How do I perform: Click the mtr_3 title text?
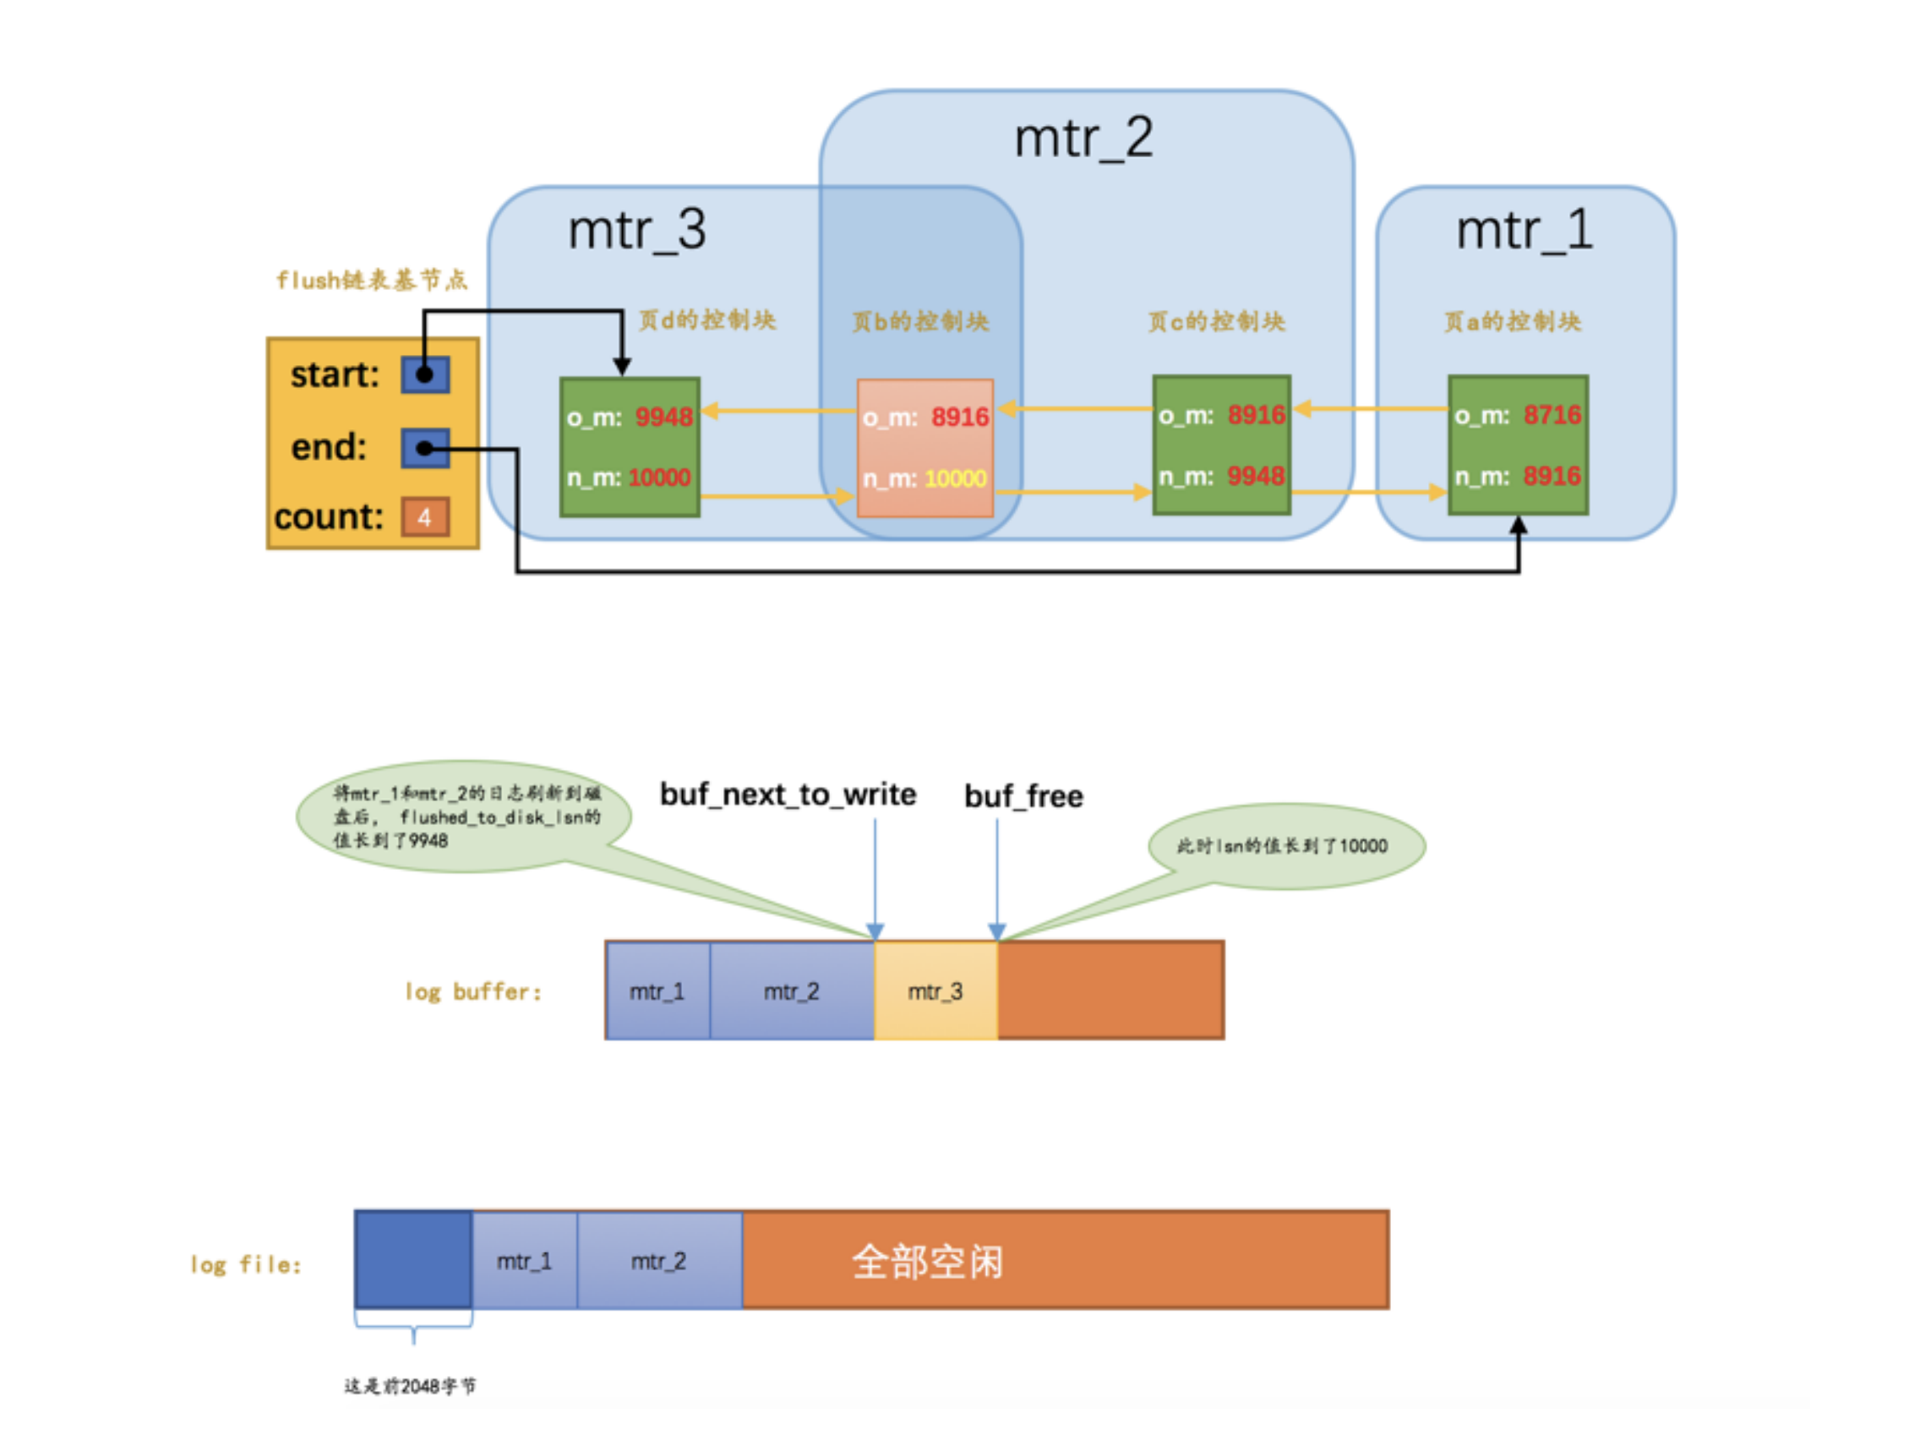(636, 230)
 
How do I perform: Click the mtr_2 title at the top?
(1083, 139)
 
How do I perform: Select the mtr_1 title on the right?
(1524, 230)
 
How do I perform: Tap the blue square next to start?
(425, 374)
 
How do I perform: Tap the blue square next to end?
(425, 448)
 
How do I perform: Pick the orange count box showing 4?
(425, 516)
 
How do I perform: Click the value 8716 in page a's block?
(1552, 415)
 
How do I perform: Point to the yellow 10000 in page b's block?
(955, 478)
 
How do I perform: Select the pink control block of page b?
(925, 448)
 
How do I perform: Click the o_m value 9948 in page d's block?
(663, 418)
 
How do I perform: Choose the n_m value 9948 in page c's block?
(1255, 475)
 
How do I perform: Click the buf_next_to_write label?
(788, 794)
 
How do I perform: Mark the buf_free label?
(1023, 795)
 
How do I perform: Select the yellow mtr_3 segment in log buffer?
(935, 991)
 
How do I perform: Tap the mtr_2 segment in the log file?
(658, 1260)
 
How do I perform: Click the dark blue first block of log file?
(413, 1258)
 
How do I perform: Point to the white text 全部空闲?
(927, 1261)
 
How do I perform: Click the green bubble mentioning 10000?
(1286, 845)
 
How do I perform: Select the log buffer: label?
(473, 991)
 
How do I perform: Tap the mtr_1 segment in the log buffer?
(657, 991)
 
